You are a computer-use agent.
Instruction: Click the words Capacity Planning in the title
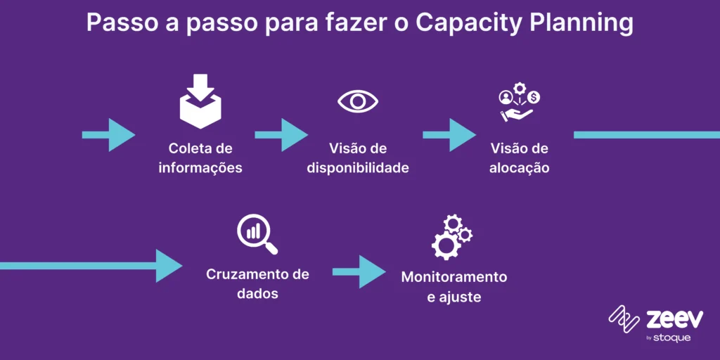pos(524,24)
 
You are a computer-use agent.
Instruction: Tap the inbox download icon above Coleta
pos(200,101)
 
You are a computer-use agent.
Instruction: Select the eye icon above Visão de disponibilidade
pos(358,101)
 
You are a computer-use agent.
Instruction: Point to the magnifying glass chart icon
pos(257,235)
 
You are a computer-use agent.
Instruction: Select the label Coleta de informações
pos(200,158)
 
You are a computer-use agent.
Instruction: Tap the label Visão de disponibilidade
pos(358,158)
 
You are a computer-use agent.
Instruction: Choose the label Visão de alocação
pos(519,158)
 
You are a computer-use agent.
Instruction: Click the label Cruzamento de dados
pos(257,283)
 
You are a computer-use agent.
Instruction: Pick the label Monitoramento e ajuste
pos(454,286)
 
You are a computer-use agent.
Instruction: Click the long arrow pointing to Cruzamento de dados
pos(91,266)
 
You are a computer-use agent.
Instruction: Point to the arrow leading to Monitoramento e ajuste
pos(359,271)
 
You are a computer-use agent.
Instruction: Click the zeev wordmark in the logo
pos(674,320)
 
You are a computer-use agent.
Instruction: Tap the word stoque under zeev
pos(673,338)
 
